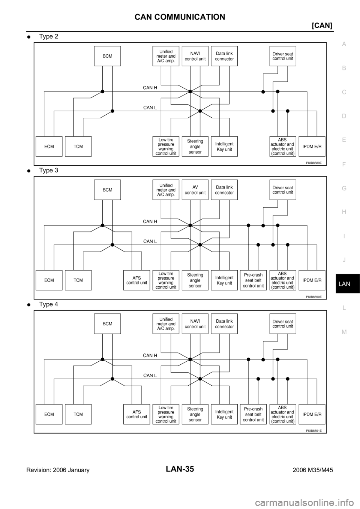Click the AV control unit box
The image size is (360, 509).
tap(195, 190)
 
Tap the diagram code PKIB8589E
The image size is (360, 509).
tap(313, 163)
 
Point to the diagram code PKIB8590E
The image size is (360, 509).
tap(313, 296)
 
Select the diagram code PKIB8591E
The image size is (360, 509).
tap(313, 431)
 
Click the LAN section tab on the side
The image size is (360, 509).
tap(344, 284)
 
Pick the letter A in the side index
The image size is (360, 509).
tap(344, 44)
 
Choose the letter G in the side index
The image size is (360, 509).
tap(344, 188)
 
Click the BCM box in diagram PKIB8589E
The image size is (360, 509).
tap(107, 56)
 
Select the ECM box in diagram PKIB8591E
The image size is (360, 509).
tap(49, 414)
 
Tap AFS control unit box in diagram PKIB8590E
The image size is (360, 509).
tap(136, 280)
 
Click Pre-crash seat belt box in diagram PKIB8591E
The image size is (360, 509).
tap(253, 414)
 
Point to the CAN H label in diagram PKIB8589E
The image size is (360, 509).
tap(150, 88)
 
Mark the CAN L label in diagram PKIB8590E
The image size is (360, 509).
tap(150, 241)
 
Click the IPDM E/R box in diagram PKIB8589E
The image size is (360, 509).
tap(312, 147)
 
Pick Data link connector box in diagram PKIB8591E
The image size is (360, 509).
tap(224, 324)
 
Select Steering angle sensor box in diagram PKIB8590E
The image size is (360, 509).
tap(195, 280)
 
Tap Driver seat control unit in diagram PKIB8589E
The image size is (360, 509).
tap(283, 56)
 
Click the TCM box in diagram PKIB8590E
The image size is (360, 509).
tap(78, 280)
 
